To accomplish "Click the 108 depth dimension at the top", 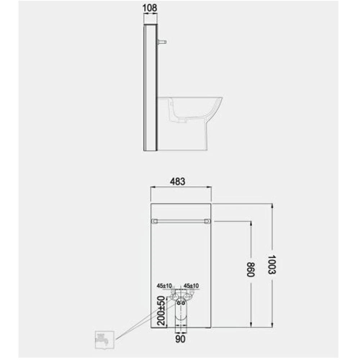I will click(x=150, y=8).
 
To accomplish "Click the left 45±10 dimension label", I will click(x=163, y=285).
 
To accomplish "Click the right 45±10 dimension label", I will click(x=191, y=285).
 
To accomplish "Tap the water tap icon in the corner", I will click(x=104, y=340).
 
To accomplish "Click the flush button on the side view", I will click(x=162, y=42).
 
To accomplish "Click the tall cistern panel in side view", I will click(x=150, y=88).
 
